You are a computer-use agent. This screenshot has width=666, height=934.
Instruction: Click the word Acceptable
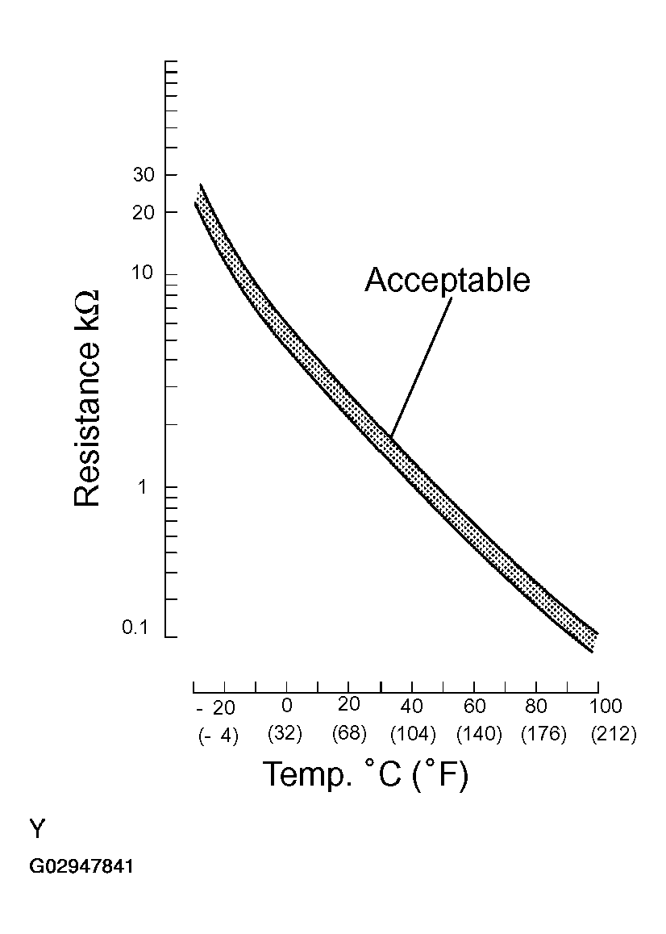coord(447,280)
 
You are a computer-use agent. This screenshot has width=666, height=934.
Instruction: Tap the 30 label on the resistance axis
coord(144,175)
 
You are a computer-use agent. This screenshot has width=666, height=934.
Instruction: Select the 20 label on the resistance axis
coord(144,211)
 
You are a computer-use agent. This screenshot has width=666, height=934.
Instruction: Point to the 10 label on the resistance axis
coord(144,273)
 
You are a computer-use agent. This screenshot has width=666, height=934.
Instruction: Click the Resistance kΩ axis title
coord(88,398)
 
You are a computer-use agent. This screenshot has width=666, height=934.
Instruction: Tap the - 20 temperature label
coord(216,708)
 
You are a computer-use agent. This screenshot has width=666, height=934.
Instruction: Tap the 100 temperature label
coord(606,707)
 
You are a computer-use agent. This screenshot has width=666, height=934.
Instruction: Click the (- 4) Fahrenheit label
coord(218,736)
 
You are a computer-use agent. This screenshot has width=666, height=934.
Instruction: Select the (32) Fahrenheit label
coord(285,735)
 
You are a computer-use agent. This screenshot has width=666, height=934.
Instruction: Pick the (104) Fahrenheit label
coord(413,735)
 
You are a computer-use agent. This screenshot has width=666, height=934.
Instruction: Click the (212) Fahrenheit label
coord(614,735)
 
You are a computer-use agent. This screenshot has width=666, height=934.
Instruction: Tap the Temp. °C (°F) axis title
coord(365,775)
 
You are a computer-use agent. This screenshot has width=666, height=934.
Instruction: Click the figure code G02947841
coord(81,867)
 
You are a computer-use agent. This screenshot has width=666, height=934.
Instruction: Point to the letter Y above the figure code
coord(38,829)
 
